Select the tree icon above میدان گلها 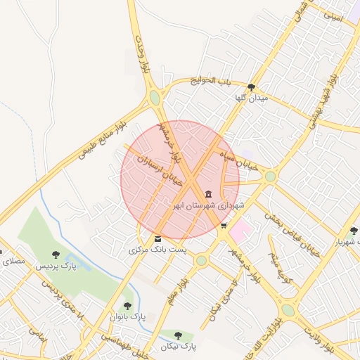click(252, 87)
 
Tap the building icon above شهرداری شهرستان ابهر click(208, 194)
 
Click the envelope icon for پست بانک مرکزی click(157, 239)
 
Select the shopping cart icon click(224, 226)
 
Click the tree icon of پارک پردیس click(56, 255)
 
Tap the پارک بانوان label click(127, 317)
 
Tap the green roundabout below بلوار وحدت click(154, 98)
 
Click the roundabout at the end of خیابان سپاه click(270, 176)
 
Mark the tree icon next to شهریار click(353, 230)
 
